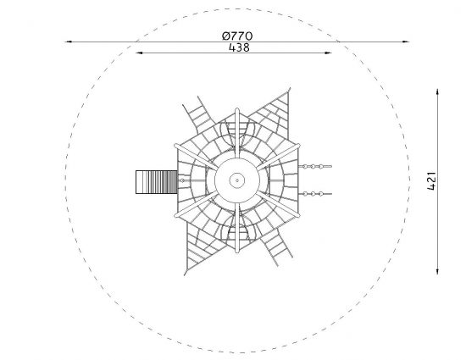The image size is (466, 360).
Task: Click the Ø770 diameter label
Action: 237,36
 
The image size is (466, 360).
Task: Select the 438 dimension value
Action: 239,47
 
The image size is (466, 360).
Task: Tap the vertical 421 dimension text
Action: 431,180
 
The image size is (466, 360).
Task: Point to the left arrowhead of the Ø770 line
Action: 69,42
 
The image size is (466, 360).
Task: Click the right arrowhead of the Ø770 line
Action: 406,42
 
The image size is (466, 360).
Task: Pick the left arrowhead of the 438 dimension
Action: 139,53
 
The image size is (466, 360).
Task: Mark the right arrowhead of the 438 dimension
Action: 328,53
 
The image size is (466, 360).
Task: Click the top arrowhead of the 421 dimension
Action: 437,92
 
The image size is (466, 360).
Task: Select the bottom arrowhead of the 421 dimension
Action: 437,270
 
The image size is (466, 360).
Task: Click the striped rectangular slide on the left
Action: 157,182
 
